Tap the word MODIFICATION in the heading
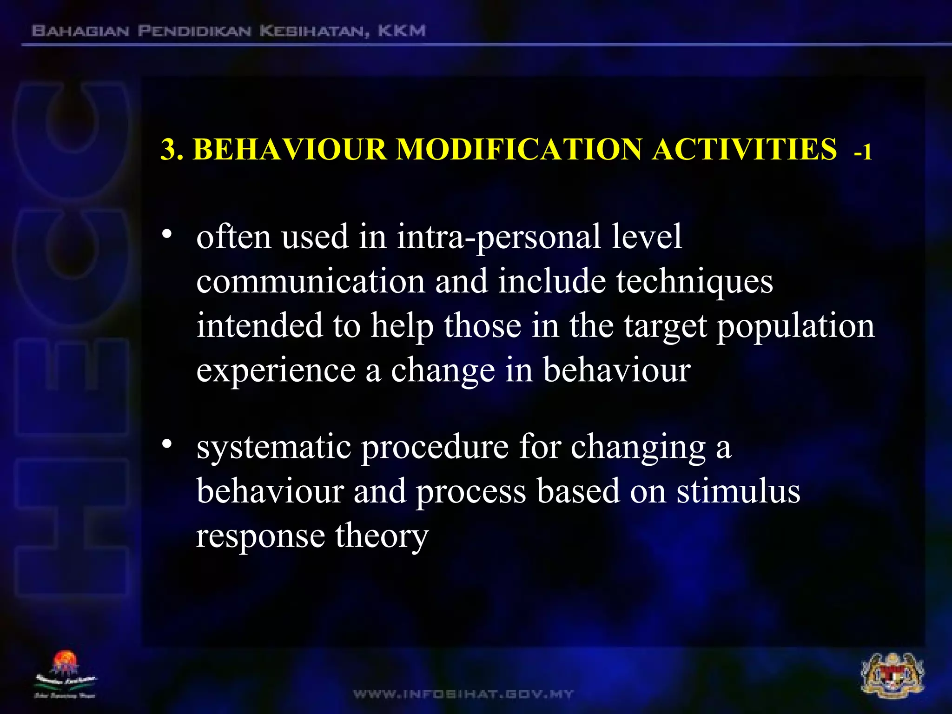tap(519, 150)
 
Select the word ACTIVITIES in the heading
tap(744, 150)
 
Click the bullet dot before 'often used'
tap(167, 233)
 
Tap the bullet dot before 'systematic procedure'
tap(167, 444)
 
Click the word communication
tap(311, 282)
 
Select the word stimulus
tap(738, 492)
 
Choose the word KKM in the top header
tap(402, 31)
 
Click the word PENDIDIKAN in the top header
tap(194, 31)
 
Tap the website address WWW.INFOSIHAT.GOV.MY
tap(463, 694)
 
